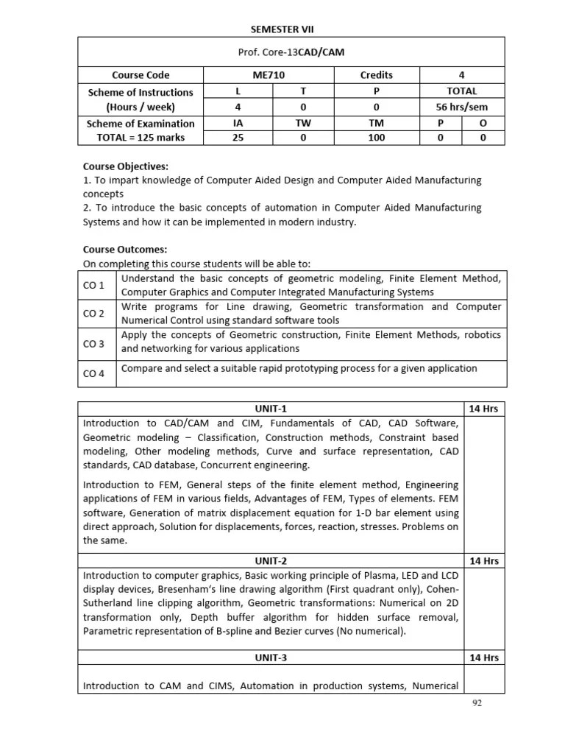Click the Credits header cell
376,75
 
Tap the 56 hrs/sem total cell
461,107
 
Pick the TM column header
376,124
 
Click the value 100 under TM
376,138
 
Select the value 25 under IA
238,138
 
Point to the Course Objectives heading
126,166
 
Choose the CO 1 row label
94,285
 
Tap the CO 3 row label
94,344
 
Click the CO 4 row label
94,373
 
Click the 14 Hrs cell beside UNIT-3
484,658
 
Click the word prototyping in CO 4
314,368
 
